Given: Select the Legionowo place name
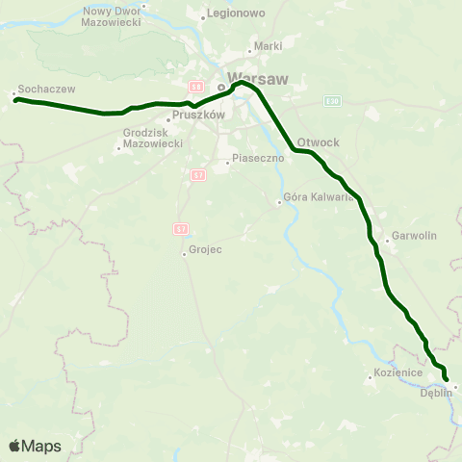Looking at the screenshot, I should [x=231, y=15].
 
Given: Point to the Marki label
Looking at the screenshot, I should [x=266, y=45].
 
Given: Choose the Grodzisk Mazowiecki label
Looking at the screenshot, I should [x=147, y=138].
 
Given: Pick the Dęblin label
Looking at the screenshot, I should [x=436, y=392].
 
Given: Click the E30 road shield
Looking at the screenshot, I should [x=333, y=100].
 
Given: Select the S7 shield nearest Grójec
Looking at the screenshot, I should [x=181, y=228].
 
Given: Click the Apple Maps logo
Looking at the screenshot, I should [x=35, y=446].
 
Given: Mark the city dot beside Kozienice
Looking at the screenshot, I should [x=370, y=378].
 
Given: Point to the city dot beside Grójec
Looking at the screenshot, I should [x=184, y=254].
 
